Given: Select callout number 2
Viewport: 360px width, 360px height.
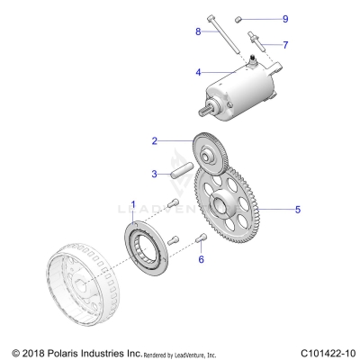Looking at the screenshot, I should [x=155, y=140].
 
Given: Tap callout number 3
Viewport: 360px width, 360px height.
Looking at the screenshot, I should [x=155, y=173].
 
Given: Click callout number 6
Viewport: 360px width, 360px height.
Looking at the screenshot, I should [x=202, y=258].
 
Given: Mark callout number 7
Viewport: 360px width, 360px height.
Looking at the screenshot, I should [x=285, y=44].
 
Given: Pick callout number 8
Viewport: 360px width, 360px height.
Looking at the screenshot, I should [x=198, y=31].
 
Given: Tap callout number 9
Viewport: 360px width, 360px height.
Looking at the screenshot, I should [x=285, y=18].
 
